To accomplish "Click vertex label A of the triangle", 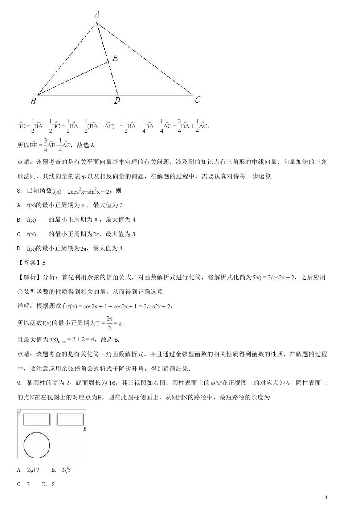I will click(97, 15).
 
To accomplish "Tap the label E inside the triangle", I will click(115, 58).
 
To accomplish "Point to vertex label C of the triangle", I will click(197, 100).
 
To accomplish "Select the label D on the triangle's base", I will click(117, 101).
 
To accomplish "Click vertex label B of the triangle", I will click(33, 101).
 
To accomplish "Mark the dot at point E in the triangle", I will click(109, 62).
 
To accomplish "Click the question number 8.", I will click(19, 191).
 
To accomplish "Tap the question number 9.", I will click(19, 383).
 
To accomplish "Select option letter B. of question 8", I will click(19, 220).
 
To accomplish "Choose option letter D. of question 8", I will click(19, 249).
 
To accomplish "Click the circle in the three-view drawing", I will click(37, 445).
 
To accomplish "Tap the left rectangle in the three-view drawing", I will click(37, 419).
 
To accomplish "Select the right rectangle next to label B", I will click(70, 419).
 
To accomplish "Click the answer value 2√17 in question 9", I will click(33, 470).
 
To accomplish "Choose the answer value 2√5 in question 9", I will click(66, 470).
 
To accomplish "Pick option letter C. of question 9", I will click(19, 484).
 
